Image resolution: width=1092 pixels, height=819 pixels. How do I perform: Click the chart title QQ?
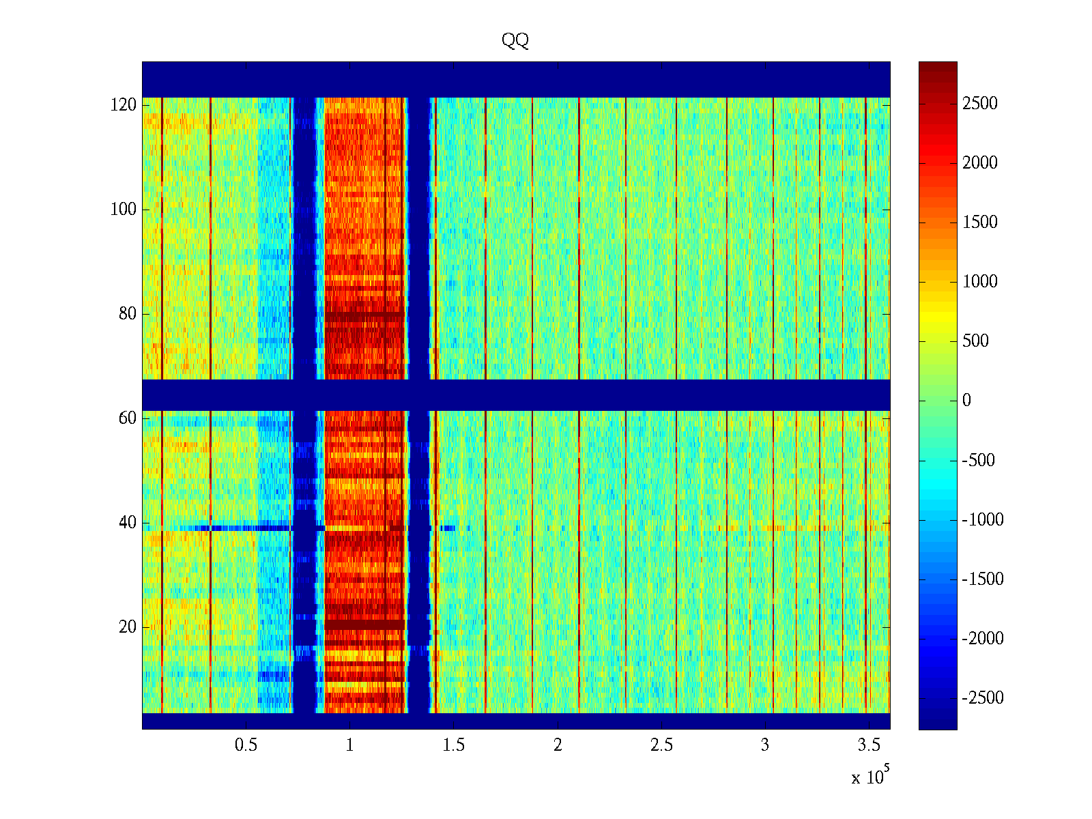pos(515,41)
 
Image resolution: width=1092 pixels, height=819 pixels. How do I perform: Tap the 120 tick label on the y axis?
pos(124,105)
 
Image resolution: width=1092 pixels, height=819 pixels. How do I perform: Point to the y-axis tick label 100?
pos(124,210)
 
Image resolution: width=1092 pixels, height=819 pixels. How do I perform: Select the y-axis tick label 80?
pos(128,314)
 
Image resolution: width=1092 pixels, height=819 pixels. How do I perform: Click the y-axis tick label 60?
pos(128,418)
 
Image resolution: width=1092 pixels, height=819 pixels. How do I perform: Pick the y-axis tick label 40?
pos(128,523)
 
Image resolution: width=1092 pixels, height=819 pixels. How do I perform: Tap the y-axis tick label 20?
pos(128,627)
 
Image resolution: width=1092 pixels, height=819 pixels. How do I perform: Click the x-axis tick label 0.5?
pos(246,745)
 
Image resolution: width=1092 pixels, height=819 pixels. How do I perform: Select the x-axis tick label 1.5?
pos(454,745)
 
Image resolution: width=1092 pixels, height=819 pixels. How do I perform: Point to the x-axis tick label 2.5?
pos(661,745)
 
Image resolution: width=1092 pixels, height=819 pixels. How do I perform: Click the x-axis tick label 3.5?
pos(869,745)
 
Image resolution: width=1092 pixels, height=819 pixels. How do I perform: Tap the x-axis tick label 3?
pos(765,745)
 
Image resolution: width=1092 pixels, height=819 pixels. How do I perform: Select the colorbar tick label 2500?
pos(980,104)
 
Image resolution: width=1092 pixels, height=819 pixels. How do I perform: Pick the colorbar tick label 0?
pos(966,401)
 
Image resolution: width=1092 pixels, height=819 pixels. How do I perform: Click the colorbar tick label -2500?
pos(983,698)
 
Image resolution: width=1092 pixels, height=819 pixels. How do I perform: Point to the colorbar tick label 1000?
pos(980,282)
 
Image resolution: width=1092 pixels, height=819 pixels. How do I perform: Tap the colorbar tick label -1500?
pos(983,579)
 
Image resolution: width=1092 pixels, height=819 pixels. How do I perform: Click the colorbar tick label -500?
pos(979,461)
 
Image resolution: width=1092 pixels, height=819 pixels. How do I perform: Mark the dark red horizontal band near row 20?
pos(364,624)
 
